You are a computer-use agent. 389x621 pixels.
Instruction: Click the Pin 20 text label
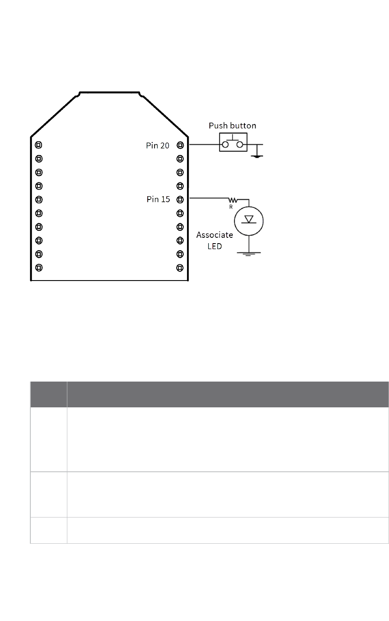coord(158,145)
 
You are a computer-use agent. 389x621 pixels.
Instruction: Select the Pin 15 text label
coord(158,199)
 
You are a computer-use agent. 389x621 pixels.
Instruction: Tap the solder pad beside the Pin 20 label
coord(180,145)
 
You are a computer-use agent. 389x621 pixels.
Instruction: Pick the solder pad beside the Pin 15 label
coord(180,199)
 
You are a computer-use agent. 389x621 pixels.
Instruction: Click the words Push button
coord(232,126)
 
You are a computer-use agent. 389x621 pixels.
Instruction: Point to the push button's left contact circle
coord(225,145)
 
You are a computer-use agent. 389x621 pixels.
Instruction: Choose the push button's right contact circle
coord(240,145)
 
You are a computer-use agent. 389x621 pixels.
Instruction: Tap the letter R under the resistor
coord(231,207)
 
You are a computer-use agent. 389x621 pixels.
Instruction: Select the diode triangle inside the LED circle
coord(249,219)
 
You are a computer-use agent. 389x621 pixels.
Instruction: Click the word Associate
coord(214,235)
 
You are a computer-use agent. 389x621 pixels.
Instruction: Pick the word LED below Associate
coord(214,246)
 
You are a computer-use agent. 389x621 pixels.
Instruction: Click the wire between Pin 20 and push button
coord(204,145)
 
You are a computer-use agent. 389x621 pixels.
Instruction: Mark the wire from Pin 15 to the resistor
coord(208,199)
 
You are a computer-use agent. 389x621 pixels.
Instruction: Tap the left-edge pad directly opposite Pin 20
coord(39,145)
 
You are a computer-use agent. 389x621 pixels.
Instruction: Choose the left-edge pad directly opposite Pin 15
coord(39,199)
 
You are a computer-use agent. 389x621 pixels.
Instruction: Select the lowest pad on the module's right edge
coord(180,267)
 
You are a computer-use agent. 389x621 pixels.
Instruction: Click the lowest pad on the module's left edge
coord(39,267)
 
